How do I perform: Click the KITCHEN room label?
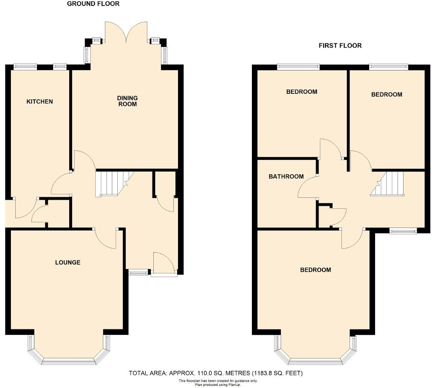point(40,101)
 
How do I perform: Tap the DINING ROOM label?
point(127,101)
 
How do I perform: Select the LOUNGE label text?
point(68,262)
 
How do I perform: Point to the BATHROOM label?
point(286,177)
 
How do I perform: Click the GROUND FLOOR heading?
point(93,4)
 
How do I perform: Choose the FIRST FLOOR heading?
point(340,45)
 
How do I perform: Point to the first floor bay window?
point(315,360)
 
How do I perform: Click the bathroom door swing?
point(307,188)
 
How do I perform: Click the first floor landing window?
point(403,231)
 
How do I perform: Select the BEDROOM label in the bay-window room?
point(315,270)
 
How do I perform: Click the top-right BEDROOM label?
point(387,95)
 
